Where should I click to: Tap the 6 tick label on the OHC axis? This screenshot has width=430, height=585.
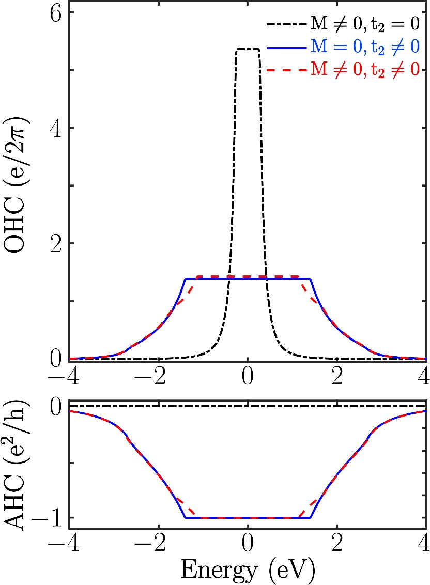tap(55, 14)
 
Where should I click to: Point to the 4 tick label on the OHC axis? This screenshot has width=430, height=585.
tap(55, 128)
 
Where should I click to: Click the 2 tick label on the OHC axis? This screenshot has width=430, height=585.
tap(55, 243)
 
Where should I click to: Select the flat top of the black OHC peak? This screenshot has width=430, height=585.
tap(248, 49)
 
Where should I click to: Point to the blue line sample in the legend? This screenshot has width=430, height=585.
tap(286, 47)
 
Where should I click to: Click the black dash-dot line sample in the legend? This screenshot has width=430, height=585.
tap(286, 24)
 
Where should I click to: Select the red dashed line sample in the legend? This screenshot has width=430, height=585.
tap(286, 71)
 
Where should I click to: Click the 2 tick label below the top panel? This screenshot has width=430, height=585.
tap(337, 376)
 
